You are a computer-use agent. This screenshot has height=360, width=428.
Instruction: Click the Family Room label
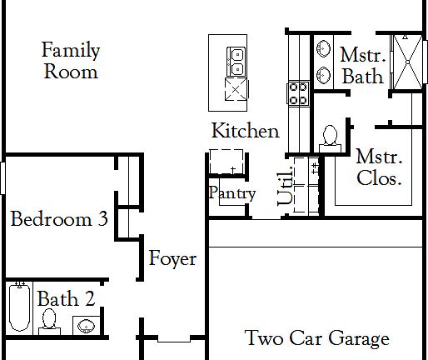pos(71,61)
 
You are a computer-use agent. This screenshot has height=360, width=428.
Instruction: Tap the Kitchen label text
pos(244,131)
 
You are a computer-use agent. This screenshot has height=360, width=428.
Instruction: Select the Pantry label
pos(232,194)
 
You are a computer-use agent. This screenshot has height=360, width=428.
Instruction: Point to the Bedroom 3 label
pos(59,220)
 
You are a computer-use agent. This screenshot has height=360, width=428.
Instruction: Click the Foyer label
pos(172,258)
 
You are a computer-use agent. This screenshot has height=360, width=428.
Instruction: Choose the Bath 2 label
pos(66,298)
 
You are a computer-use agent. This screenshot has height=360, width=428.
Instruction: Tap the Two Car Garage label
pos(316,338)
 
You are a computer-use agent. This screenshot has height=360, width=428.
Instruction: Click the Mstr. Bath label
pos(362,65)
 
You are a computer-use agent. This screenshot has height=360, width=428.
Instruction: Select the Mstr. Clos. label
pos(379,167)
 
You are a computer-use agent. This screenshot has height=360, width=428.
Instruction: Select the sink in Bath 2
pos(85,324)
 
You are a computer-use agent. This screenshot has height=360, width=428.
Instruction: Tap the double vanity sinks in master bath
pos(323,61)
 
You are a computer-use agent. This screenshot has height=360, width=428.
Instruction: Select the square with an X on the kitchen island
pos(235,91)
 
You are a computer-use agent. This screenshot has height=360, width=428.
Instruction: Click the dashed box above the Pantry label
pos(226,162)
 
